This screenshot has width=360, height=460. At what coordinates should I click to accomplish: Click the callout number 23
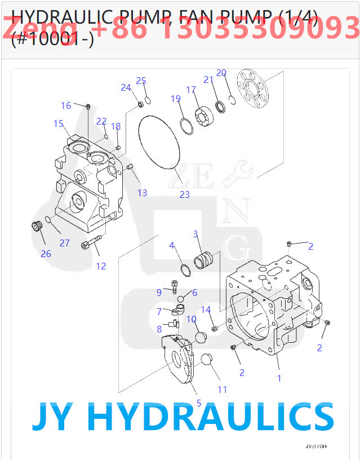(185, 194)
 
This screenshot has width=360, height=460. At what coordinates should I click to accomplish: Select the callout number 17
(191, 90)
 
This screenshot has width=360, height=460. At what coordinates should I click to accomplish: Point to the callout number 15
(58, 123)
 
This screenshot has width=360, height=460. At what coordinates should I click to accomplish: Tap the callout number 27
(65, 243)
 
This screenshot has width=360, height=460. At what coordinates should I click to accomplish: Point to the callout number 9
(159, 291)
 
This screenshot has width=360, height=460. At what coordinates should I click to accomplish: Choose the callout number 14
(206, 309)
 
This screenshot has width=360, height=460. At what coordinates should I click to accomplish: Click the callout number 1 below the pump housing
(279, 378)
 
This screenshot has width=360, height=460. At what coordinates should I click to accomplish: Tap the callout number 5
(198, 402)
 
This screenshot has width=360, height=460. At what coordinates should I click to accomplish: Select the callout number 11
(223, 390)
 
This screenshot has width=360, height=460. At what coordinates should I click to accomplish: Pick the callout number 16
(66, 105)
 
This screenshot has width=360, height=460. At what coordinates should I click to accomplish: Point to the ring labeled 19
(186, 127)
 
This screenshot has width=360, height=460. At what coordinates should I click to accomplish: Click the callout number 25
(141, 81)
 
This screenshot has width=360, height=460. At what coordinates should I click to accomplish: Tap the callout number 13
(142, 193)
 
